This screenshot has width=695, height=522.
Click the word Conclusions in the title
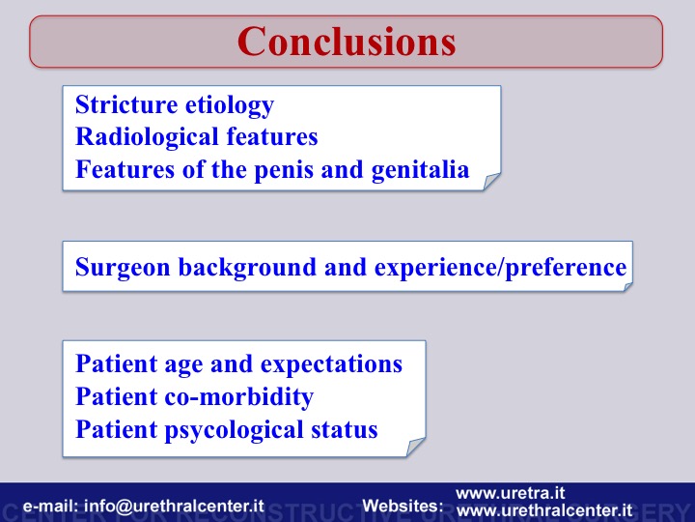point(347,42)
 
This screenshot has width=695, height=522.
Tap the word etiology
point(229,106)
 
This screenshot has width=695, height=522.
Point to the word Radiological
point(147,137)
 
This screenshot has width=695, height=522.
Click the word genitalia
point(420,170)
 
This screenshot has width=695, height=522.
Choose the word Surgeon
point(123,268)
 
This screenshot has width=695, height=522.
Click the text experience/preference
point(500,268)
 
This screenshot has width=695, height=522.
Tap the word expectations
point(331,364)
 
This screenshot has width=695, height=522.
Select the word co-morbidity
point(239,397)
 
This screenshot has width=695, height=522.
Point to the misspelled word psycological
point(234,430)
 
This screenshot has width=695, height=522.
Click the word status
point(345,429)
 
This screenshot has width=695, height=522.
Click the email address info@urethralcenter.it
point(174,506)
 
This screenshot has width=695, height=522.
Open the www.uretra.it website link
point(511,493)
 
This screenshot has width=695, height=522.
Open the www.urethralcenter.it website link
point(543,510)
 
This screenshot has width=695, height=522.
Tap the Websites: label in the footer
point(403,506)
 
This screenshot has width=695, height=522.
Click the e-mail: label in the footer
point(50,506)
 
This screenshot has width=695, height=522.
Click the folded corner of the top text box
point(491,182)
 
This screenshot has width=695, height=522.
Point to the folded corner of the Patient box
point(416,447)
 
